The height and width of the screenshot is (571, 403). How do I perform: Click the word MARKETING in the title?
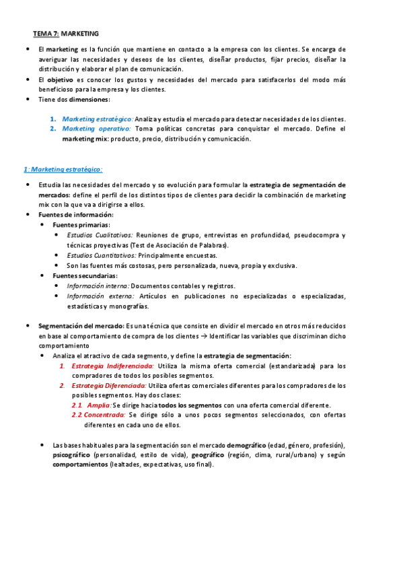point(80,32)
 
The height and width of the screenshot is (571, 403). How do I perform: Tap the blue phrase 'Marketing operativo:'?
point(96,129)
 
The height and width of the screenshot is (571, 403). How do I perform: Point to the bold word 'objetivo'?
point(59,79)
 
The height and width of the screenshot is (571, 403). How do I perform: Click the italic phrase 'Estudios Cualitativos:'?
point(100,235)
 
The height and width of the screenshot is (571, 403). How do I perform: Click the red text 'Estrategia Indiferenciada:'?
point(112,366)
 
